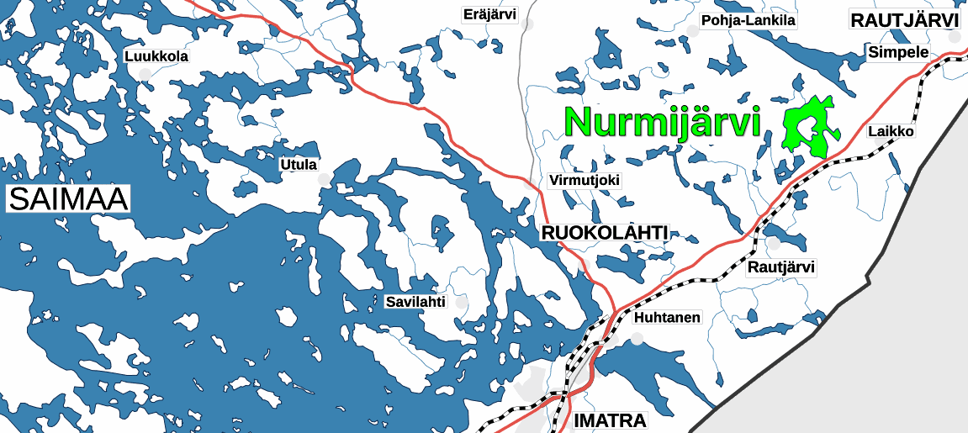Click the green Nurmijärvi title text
click(x=663, y=122)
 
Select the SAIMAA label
click(x=68, y=199)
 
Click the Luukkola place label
click(x=156, y=56)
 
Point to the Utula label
click(x=299, y=164)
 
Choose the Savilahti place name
click(x=415, y=301)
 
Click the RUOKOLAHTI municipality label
click(x=605, y=233)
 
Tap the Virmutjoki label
click(x=584, y=180)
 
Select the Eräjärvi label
click(x=489, y=13)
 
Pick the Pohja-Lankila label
click(x=748, y=20)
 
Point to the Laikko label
click(x=891, y=131)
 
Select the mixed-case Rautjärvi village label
click(x=781, y=267)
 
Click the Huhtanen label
click(x=667, y=318)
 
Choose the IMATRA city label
click(x=609, y=420)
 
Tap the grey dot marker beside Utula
click(x=324, y=179)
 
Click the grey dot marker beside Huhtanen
click(x=637, y=338)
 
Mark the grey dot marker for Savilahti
click(x=460, y=301)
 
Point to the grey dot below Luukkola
click(x=145, y=75)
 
